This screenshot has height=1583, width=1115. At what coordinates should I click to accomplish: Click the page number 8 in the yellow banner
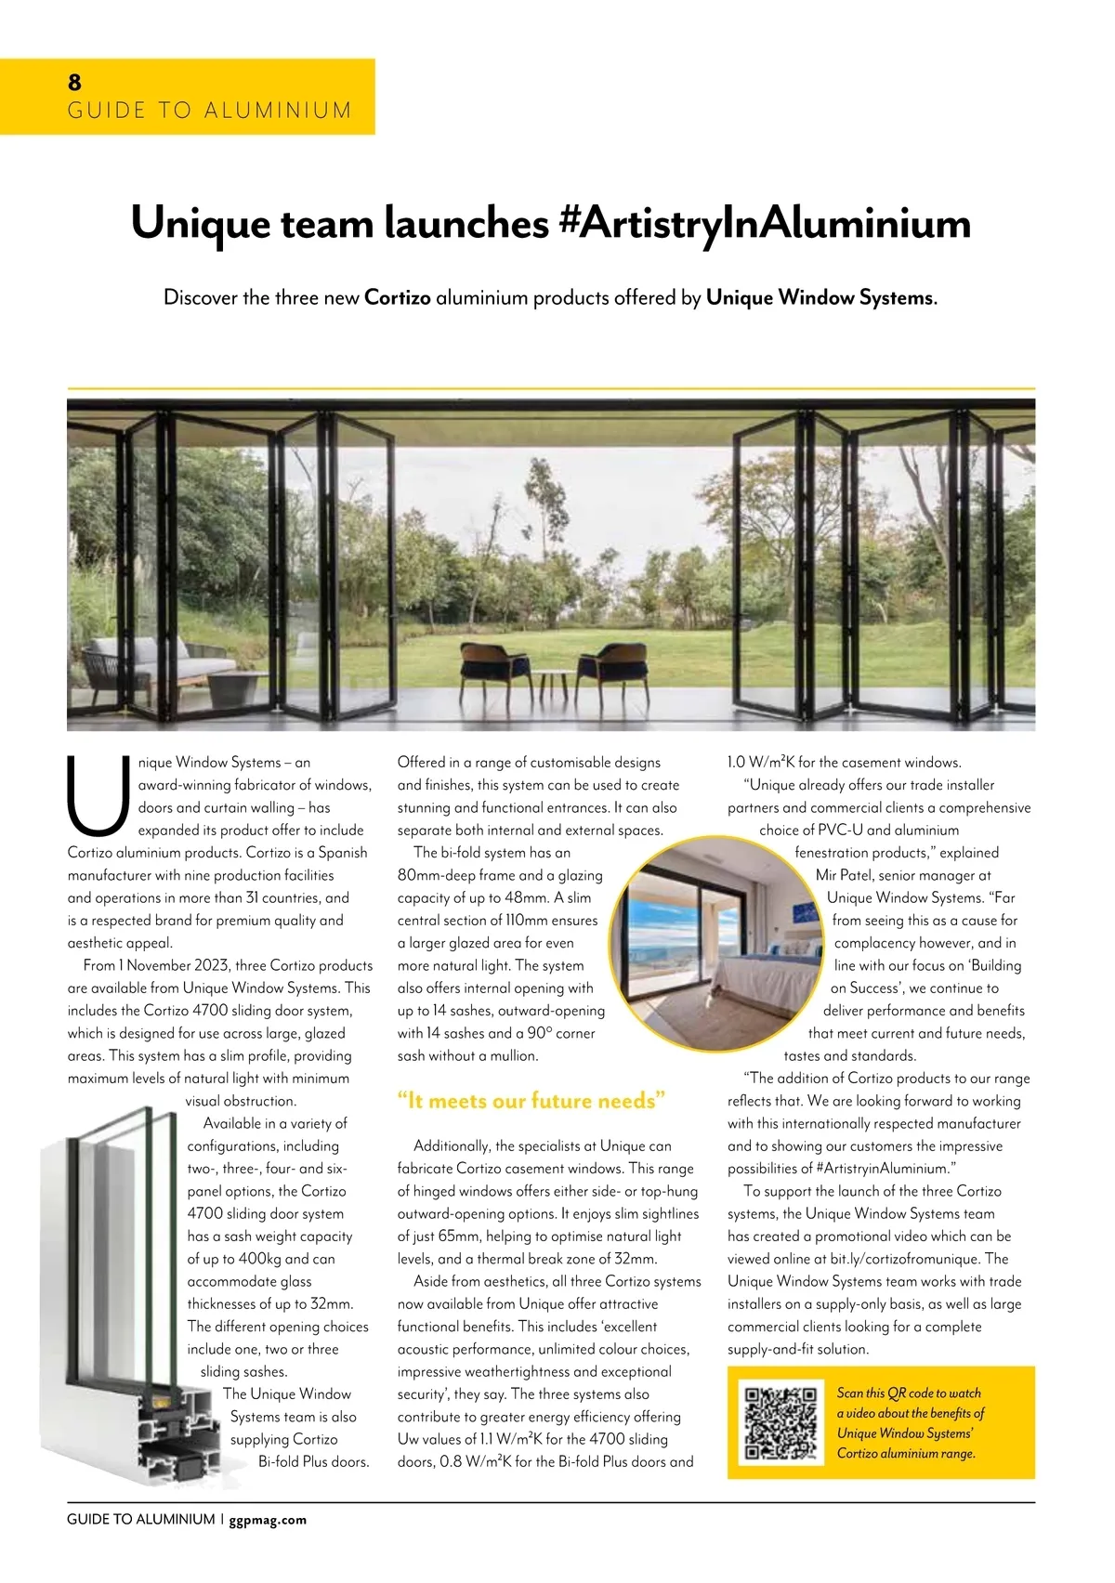(74, 83)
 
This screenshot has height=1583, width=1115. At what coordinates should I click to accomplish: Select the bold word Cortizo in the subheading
(398, 298)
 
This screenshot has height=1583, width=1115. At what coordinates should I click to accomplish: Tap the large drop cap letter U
(98, 797)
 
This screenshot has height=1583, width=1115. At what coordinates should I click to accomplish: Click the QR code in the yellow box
(781, 1422)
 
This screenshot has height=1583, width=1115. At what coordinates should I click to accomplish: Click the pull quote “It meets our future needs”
(531, 1101)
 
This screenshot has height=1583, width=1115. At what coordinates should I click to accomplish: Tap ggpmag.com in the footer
(268, 1520)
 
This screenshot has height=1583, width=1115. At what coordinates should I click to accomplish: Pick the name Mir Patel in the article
(846, 875)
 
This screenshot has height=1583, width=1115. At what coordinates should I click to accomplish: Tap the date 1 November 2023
(171, 965)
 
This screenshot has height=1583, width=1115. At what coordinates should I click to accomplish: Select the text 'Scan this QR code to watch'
(909, 1393)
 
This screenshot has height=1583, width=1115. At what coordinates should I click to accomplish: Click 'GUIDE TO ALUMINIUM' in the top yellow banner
(210, 111)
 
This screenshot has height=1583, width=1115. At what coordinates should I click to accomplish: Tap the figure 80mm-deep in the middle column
(441, 875)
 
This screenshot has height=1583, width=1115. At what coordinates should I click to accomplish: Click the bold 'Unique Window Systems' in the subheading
(820, 298)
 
